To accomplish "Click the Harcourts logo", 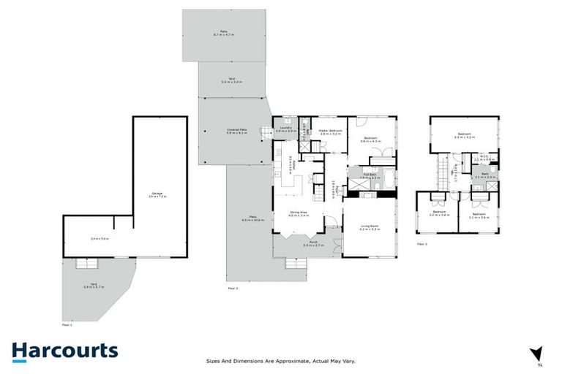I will click(64, 351).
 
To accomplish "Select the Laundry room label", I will click(287, 129).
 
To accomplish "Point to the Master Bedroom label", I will click(331, 132).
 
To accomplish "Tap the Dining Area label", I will click(299, 214).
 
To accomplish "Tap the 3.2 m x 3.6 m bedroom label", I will click(438, 214).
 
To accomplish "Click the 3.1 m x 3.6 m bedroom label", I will click(479, 214).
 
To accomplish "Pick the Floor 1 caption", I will click(67, 324).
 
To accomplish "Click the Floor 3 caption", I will click(421, 244).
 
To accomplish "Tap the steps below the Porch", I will click(293, 264).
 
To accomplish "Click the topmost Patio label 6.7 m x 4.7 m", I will click(224, 33).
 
